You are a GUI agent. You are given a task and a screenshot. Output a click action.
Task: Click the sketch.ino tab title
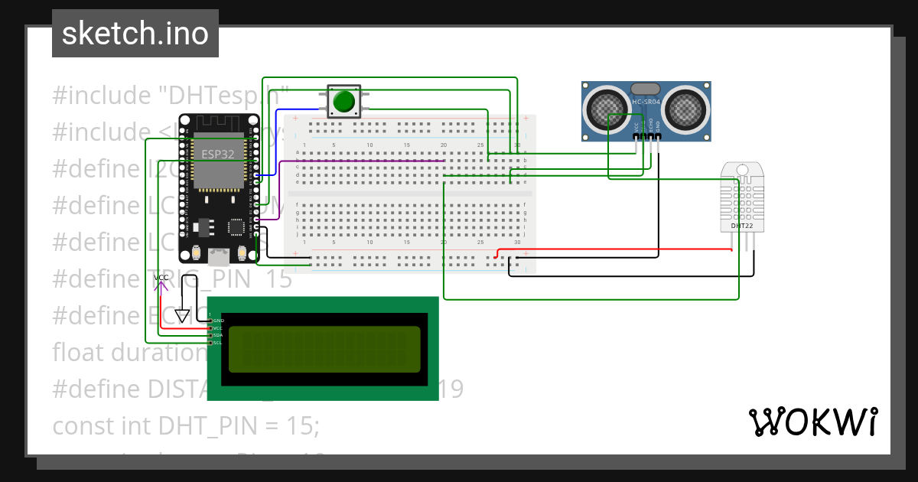135,34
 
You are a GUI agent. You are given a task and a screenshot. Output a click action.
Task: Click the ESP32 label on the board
218,154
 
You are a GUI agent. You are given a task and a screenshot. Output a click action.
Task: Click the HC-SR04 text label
646,103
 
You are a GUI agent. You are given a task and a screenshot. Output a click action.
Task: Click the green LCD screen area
324,349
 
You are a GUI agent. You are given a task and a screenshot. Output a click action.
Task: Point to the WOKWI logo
812,422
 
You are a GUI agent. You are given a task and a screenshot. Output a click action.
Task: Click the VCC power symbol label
161,278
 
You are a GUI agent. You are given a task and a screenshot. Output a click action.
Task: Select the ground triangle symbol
182,315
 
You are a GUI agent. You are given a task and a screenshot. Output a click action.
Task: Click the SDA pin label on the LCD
218,335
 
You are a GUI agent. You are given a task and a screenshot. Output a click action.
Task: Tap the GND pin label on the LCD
218,320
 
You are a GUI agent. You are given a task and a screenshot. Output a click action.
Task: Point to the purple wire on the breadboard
367,161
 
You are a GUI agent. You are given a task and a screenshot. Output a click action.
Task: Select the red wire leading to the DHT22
612,249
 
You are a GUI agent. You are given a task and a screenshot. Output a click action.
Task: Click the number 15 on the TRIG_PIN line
280,279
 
